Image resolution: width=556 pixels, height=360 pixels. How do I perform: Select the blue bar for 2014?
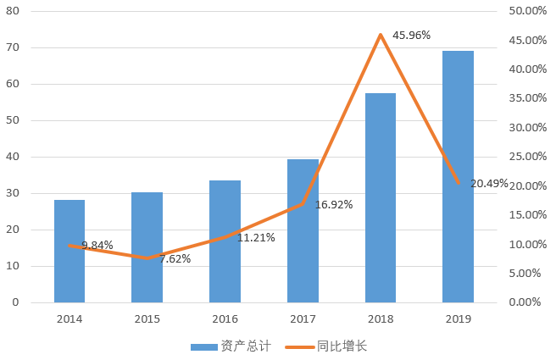coord(69,252)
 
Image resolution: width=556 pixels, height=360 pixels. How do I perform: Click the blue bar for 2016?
coord(225,241)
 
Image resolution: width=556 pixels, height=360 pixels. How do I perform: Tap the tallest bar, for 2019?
coord(459,177)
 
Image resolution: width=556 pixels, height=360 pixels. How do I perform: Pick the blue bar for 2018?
coord(381,197)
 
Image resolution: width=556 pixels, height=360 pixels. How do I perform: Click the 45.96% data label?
coord(411,35)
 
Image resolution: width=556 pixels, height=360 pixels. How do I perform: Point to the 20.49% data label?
coord(489,183)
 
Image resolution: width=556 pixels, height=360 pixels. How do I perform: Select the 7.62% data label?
coord(175,258)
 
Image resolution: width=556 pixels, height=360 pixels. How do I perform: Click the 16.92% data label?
coord(334,204)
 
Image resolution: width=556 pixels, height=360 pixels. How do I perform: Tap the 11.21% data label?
coord(256,237)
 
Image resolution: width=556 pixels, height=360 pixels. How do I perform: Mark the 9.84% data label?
coord(97,245)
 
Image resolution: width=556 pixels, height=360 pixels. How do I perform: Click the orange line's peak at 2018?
coord(381,35)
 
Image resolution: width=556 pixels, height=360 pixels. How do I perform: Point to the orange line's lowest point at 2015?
coord(147,258)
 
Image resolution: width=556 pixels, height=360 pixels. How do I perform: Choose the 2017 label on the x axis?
coord(303,318)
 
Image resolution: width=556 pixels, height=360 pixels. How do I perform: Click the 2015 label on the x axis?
coord(147,318)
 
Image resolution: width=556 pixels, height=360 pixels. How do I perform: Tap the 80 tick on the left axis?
coord(13,11)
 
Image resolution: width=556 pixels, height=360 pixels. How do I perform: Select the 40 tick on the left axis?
coord(13,157)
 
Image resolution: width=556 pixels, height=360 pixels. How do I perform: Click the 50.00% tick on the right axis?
coord(528,11)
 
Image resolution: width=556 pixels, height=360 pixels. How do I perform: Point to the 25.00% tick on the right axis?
coord(528,156)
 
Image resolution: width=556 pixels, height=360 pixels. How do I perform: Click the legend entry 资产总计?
coord(231,346)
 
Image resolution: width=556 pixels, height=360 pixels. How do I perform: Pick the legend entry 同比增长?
coord(326,346)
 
